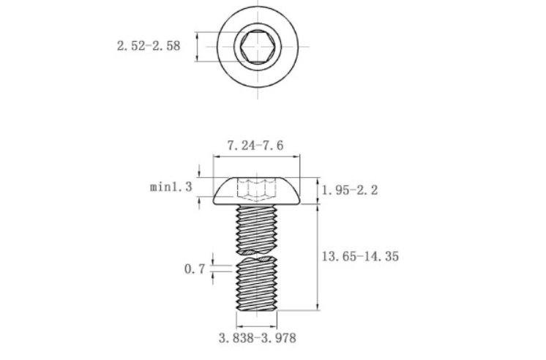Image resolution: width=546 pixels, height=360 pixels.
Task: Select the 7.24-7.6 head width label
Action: click(x=255, y=146)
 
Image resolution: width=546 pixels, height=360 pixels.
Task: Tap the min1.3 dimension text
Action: click(x=171, y=187)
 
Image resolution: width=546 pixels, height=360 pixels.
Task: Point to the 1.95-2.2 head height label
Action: click(x=350, y=190)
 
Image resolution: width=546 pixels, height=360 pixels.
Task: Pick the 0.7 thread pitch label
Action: click(x=194, y=269)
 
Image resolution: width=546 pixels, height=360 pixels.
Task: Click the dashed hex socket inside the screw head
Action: click(x=255, y=189)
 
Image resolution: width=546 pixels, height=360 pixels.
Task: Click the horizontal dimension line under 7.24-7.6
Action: click(x=255, y=156)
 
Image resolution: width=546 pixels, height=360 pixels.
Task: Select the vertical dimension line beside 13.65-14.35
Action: click(x=317, y=256)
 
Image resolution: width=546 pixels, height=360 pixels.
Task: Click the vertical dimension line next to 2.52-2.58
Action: click(x=198, y=47)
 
